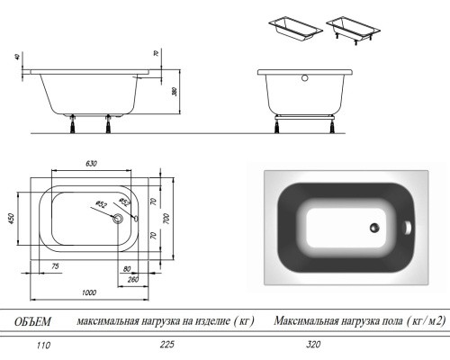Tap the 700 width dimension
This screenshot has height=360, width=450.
(168, 218)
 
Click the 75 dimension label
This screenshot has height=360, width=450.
(56, 267)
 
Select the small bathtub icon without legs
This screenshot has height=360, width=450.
(292, 26)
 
